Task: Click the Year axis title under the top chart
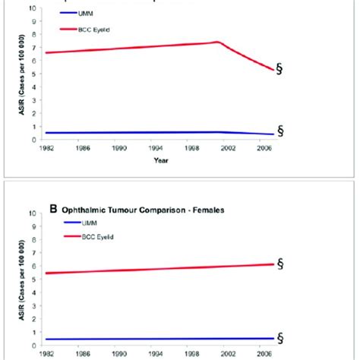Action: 178,160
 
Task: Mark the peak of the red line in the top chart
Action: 217,42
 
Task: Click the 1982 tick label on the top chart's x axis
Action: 47,149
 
